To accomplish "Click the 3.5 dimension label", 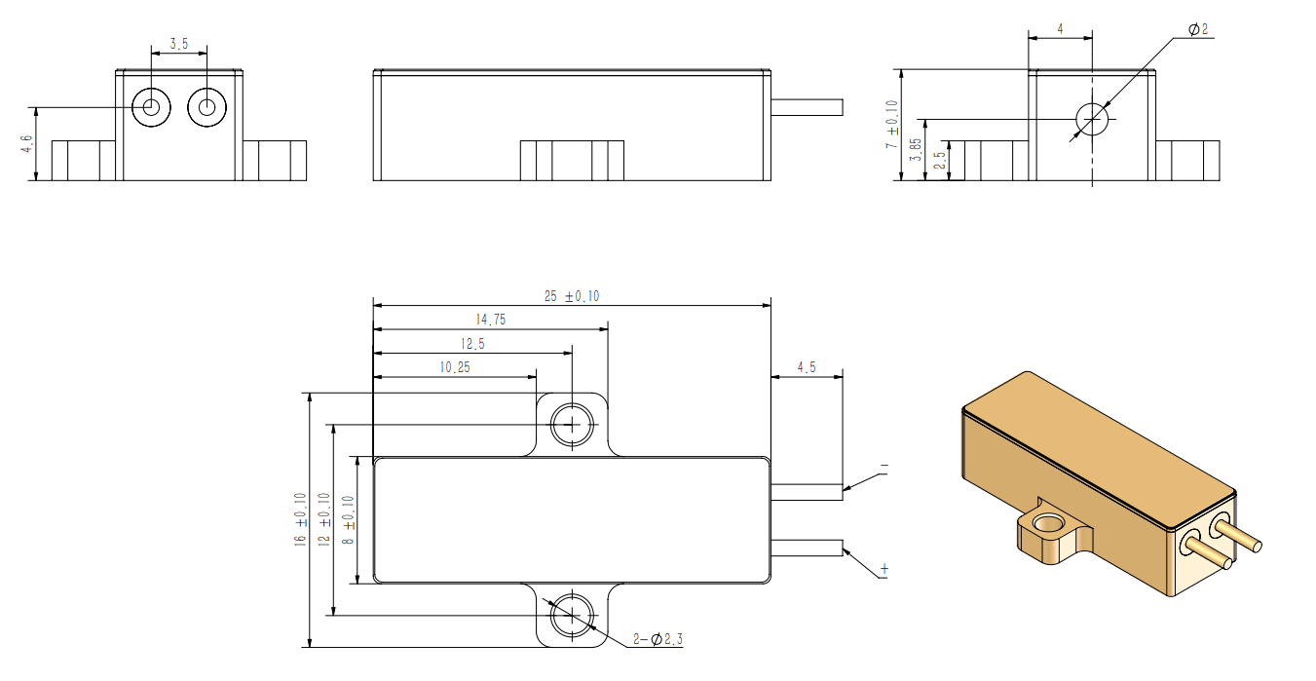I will coord(179,44).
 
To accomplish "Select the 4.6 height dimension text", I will coord(27,144).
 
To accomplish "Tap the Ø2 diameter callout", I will coord(1197,30).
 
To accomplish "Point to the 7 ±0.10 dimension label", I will coord(891,125).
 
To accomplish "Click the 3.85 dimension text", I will coord(915,150).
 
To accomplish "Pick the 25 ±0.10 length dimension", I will coord(571,296).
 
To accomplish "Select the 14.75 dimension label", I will coord(491,320).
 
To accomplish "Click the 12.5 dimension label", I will coord(471,344).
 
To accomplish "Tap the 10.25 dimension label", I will coord(455,367).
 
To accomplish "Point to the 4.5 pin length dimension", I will coord(807,367).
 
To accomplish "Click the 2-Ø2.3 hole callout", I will coord(658,639).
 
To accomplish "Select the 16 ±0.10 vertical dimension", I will coord(302,520).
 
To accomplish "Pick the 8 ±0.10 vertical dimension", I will coord(350,520).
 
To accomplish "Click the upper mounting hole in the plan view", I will coord(572,425).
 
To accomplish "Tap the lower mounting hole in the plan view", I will coord(572,615).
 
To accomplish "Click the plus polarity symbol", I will coord(884,569).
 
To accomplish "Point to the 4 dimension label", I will coord(1060,29).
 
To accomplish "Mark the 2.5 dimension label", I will coord(939,160).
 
